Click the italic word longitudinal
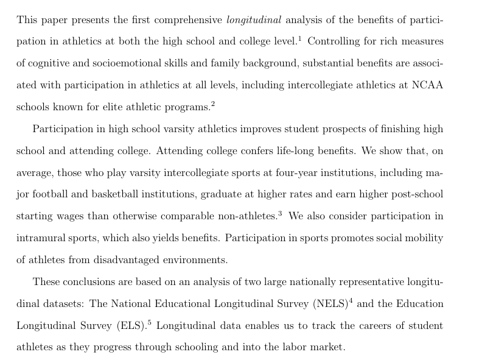(x=254, y=20)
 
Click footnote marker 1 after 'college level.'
(x=300, y=38)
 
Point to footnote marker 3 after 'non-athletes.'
(x=280, y=214)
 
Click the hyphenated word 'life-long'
(x=290, y=150)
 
